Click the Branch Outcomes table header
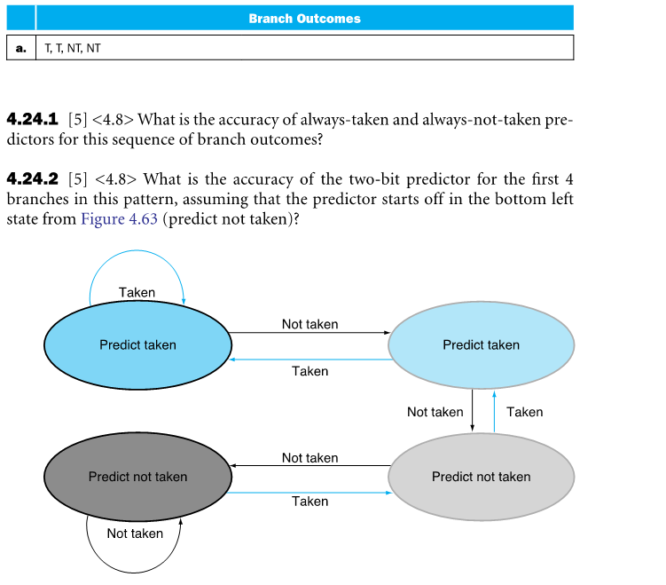pyautogui.click(x=304, y=18)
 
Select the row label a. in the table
pyautogui.click(x=20, y=48)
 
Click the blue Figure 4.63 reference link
pyautogui.click(x=120, y=219)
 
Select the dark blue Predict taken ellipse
pyautogui.click(x=137, y=344)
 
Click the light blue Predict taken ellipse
pyautogui.click(x=481, y=344)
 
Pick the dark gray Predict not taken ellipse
pyautogui.click(x=137, y=477)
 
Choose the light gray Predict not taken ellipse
pyautogui.click(x=481, y=477)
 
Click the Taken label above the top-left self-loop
pyautogui.click(x=137, y=292)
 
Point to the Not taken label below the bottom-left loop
pyautogui.click(x=135, y=534)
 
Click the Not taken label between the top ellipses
pyautogui.click(x=309, y=324)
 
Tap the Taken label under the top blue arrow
pyautogui.click(x=309, y=371)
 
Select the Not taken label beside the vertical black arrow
pyautogui.click(x=435, y=412)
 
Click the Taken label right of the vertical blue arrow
pyautogui.click(x=524, y=412)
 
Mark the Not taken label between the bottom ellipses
pyautogui.click(x=309, y=458)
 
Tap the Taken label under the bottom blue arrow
pyautogui.click(x=309, y=502)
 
